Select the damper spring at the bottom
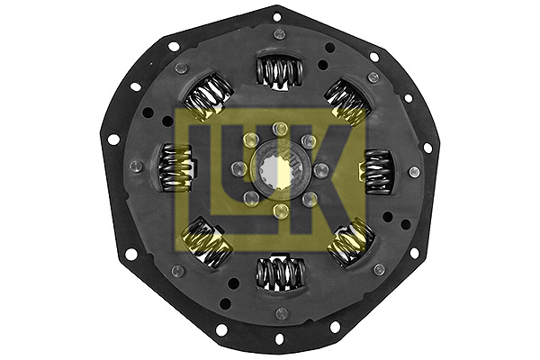coord(278,271)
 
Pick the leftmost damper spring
coord(173,169)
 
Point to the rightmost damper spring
coord(379,169)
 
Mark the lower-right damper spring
coord(350,241)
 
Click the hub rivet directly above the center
coord(280,128)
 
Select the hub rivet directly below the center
coord(280,211)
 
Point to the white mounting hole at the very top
coord(277,16)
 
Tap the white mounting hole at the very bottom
coord(278,339)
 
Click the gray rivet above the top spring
coord(280,34)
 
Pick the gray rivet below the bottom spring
coord(280,312)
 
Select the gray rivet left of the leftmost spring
coord(135,166)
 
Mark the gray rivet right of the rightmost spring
coord(414,172)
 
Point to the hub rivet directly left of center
coord(238,169)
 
